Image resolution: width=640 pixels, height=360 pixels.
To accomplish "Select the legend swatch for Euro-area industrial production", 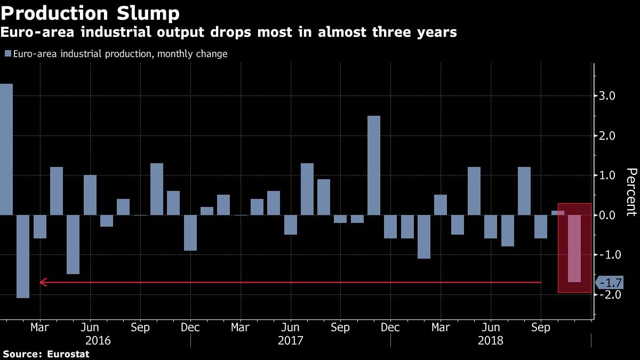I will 7,54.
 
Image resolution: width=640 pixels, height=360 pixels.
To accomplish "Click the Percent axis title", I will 631,192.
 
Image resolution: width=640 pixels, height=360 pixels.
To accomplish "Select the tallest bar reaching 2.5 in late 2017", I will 374,165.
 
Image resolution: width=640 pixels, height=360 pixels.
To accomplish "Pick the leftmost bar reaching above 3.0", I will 6,149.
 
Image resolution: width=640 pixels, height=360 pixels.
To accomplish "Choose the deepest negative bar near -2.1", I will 23,256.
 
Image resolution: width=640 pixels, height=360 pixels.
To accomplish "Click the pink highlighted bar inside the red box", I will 574,248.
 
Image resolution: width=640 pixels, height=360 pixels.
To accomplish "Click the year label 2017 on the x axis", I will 291,340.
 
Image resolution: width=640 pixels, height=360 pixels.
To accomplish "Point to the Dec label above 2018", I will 390,327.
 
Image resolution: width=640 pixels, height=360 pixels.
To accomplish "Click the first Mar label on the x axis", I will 40,327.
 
